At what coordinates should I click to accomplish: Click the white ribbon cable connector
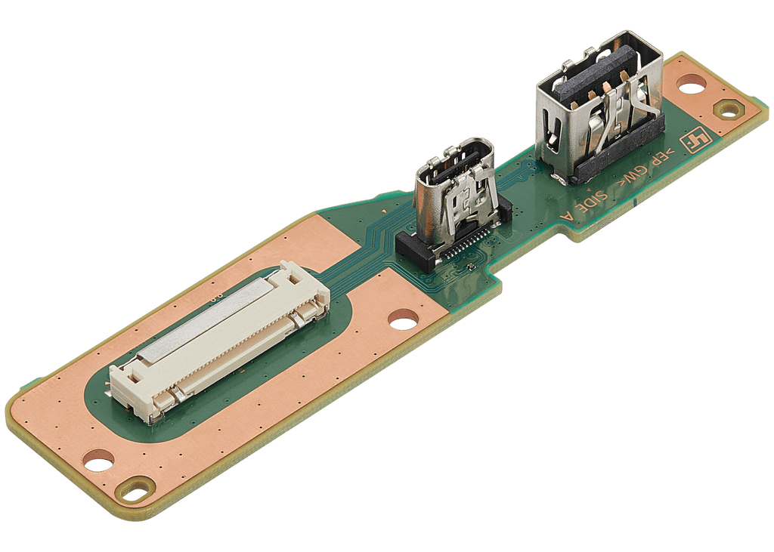[220, 341]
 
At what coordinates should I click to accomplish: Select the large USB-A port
[599, 106]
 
